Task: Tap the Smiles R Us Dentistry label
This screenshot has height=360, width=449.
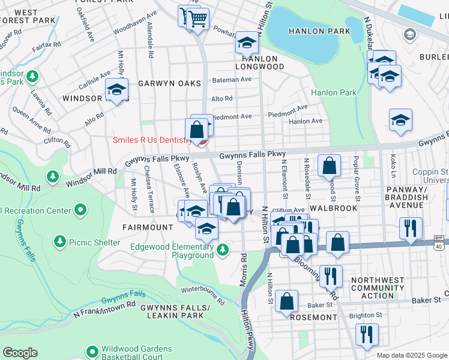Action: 152,140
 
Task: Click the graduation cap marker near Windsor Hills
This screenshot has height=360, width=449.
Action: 116,91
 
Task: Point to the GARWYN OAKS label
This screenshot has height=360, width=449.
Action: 169,83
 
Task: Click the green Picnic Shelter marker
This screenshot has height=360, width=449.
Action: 59,241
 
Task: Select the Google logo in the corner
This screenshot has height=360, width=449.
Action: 20,353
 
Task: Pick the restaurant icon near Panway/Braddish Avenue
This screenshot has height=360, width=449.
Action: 411,228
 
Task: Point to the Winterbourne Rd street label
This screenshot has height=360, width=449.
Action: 203,290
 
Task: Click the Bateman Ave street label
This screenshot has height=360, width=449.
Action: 226,80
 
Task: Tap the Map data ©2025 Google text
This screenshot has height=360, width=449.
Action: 412,355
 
